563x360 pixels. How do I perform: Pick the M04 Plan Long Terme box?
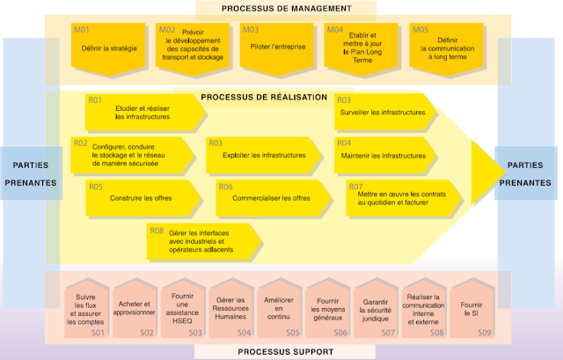coord(360,47)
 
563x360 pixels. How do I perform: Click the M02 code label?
coord(167,30)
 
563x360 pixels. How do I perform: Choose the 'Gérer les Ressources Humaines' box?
coord(230,311)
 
